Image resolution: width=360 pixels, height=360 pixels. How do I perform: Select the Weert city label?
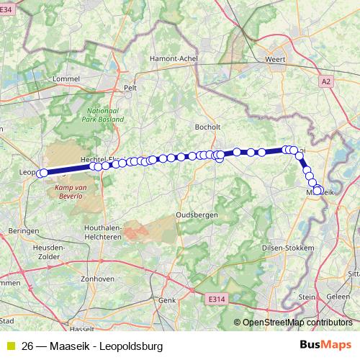click(276, 59)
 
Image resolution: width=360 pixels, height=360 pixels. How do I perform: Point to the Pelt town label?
click(130, 88)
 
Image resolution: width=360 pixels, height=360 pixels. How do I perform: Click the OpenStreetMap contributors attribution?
click(297, 323)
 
